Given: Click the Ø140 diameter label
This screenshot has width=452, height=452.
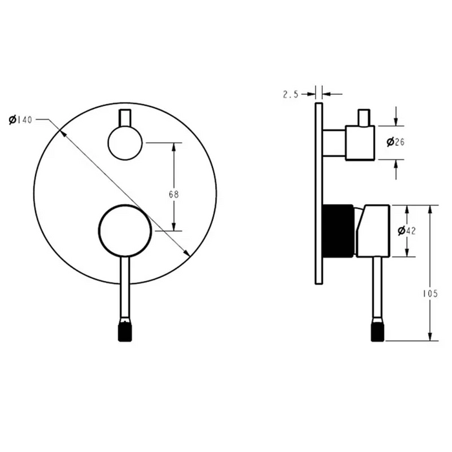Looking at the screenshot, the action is (21, 119).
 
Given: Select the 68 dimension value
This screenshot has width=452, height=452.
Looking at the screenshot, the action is (174, 194).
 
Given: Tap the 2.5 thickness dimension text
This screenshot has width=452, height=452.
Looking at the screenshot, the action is (291, 94).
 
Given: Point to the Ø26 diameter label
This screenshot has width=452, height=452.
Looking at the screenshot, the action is (395, 142).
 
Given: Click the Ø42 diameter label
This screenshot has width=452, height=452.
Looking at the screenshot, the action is (406, 231).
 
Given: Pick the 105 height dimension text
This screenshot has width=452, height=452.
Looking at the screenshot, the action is (430, 293).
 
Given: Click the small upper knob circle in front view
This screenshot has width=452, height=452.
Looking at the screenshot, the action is (125, 143).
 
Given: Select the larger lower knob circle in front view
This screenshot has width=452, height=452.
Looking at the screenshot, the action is (125, 231).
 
